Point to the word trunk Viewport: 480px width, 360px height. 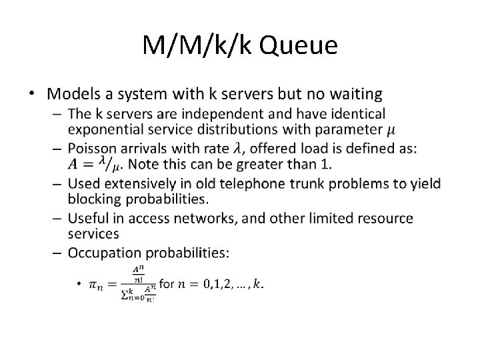click(x=305, y=184)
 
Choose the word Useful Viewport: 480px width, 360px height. click(x=87, y=218)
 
